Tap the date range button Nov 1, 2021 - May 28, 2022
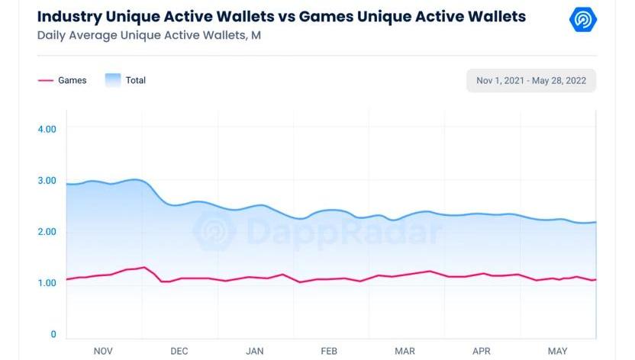[x=531, y=80]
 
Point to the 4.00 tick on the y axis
[x=47, y=129]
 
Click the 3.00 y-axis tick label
[x=47, y=180]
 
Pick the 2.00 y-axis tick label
[x=47, y=232]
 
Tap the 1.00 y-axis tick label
[x=47, y=283]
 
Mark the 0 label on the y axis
[x=53, y=334]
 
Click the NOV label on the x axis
[x=103, y=351]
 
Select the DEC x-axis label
[x=179, y=351]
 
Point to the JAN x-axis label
[x=254, y=351]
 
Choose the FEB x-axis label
[x=329, y=351]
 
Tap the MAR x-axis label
[x=405, y=351]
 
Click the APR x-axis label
[x=482, y=351]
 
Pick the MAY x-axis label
[x=558, y=351]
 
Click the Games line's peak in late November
[x=143, y=267]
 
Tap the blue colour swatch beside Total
[x=112, y=80]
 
